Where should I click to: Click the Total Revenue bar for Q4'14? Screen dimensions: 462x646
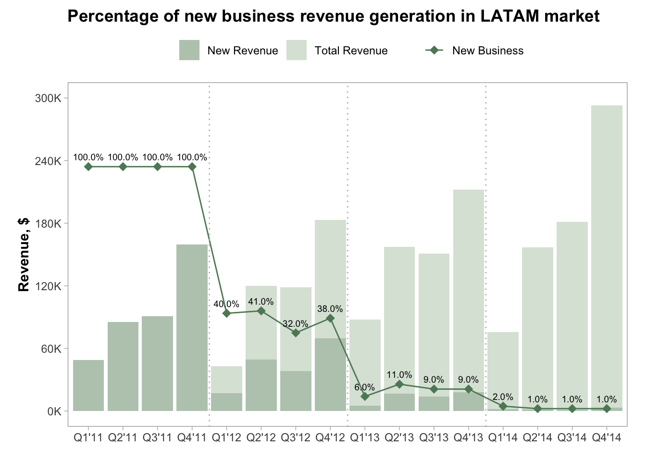(x=607, y=255)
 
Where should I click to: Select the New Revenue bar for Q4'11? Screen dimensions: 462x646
(x=192, y=327)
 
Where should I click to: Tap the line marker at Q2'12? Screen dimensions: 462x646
(x=261, y=311)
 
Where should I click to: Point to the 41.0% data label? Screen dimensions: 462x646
(x=261, y=302)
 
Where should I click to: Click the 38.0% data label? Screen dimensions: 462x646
(x=330, y=309)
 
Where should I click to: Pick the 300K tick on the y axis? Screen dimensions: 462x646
(x=48, y=98)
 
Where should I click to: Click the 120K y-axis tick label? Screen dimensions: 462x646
(x=48, y=286)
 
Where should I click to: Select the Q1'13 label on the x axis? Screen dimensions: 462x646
(x=365, y=437)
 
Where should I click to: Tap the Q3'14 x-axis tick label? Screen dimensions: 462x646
(x=572, y=437)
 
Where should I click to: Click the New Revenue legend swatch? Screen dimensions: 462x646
(x=189, y=51)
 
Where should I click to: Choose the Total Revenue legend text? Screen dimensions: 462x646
(x=351, y=51)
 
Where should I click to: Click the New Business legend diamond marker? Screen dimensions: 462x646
(x=435, y=51)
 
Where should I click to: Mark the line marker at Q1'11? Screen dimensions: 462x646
(x=88, y=167)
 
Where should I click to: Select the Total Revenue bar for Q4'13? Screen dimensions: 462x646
(x=469, y=289)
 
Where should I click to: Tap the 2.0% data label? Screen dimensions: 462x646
(x=503, y=397)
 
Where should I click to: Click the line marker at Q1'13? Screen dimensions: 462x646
(x=365, y=396)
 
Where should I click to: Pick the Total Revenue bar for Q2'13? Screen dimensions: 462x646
(x=399, y=318)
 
